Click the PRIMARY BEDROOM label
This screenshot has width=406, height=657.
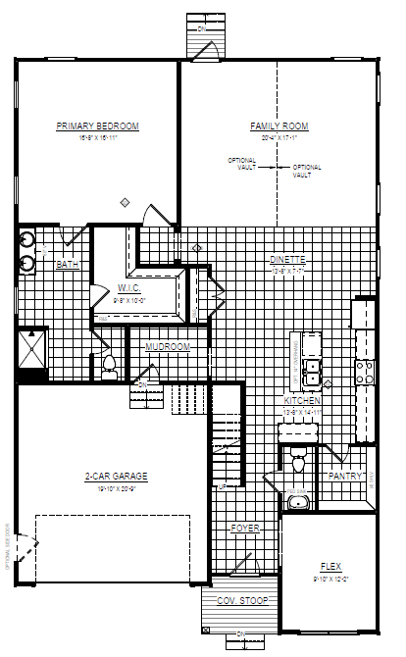coord(97,126)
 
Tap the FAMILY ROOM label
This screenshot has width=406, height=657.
coord(279,126)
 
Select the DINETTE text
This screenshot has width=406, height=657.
coord(288,259)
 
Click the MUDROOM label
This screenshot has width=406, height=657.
coord(168,347)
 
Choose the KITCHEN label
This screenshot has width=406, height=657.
coord(301,402)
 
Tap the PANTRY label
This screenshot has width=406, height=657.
coord(346,477)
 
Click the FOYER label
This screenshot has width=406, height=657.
coord(244,529)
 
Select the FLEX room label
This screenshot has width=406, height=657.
coord(330,567)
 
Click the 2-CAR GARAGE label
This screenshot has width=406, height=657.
coord(116,477)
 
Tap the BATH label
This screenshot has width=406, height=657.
coord(67,265)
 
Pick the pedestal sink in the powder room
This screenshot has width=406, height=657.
coord(300,501)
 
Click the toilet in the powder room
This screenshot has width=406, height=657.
coord(300,459)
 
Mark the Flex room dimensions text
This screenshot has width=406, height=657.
coord(330,578)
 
